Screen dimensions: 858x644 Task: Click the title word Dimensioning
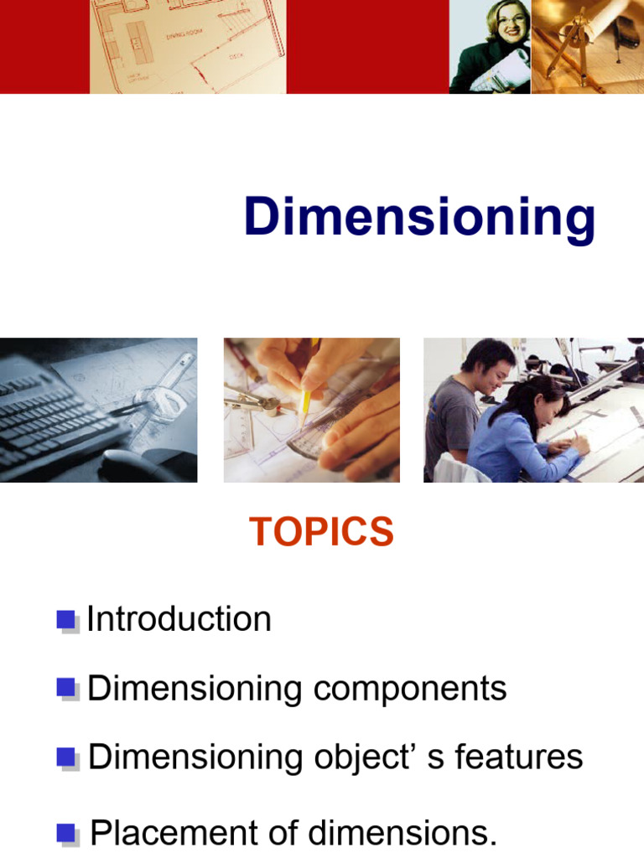point(419,218)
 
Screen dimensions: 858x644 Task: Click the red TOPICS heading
point(321,532)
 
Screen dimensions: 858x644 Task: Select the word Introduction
point(179,620)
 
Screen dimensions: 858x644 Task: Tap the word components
point(409,689)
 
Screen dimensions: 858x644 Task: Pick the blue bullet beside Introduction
point(66,620)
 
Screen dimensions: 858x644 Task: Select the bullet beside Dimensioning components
point(66,689)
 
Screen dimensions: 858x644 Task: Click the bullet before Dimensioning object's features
point(66,757)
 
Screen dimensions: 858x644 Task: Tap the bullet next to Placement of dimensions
point(66,834)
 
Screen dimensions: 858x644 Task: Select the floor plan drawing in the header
point(189,46)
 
